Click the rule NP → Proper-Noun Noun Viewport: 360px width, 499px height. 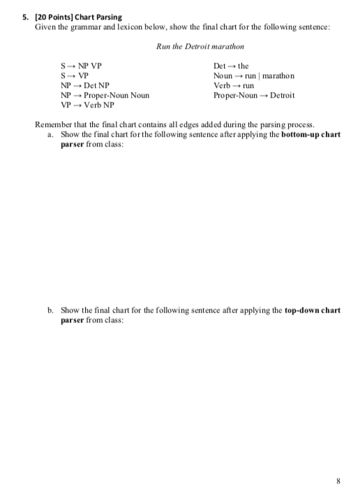[x=105, y=96]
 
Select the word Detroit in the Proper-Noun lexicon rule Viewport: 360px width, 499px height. [x=283, y=96]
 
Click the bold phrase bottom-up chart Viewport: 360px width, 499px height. [x=310, y=134]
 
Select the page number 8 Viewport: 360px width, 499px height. [x=338, y=481]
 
